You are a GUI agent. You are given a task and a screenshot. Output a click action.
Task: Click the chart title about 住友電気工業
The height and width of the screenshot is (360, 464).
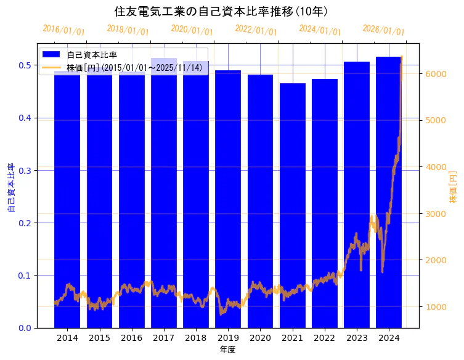(221, 11)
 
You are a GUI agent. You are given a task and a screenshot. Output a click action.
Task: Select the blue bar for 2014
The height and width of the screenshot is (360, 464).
(67, 197)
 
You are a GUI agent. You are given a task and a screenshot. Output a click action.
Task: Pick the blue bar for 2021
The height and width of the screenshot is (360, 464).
(293, 203)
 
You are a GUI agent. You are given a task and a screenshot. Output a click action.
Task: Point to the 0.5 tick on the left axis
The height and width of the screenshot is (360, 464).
(25, 65)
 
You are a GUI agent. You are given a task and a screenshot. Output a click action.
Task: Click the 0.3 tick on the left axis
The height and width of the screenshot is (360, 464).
(25, 170)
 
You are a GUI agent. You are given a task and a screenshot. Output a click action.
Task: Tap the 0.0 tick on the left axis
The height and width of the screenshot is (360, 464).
(25, 328)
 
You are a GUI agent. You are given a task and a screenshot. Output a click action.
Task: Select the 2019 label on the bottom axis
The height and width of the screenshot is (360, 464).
(228, 338)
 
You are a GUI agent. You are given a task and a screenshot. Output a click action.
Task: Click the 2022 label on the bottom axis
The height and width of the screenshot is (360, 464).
(325, 338)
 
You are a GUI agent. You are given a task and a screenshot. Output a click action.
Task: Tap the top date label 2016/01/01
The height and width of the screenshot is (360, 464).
(63, 30)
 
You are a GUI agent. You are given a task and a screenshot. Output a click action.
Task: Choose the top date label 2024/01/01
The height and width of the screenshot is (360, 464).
(320, 30)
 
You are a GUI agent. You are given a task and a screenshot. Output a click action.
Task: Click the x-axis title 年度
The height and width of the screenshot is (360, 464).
(228, 350)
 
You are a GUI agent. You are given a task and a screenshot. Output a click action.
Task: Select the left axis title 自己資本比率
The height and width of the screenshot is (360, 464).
(11, 187)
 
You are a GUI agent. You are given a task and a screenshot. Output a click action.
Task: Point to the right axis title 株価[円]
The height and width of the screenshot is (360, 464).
(454, 187)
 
